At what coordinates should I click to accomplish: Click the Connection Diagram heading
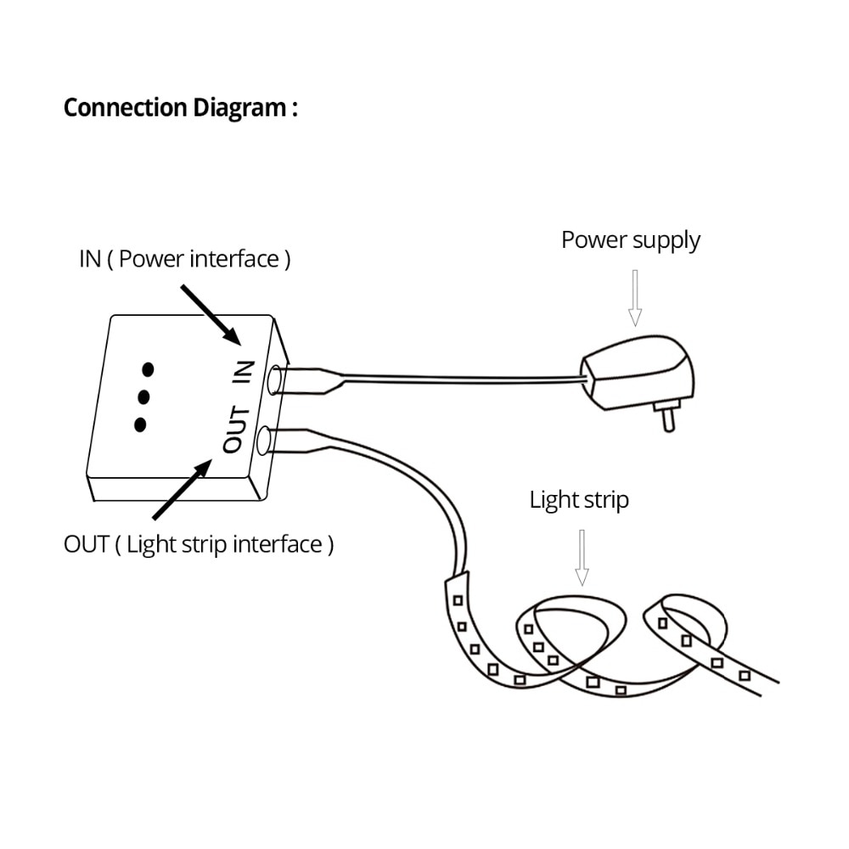point(180,109)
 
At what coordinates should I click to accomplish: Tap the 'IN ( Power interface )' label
point(184,259)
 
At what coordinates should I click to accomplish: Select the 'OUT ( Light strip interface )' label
point(199,544)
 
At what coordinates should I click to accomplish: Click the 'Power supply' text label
point(630,240)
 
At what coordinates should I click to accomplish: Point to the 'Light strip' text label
point(579,500)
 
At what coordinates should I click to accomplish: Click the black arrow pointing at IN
point(211,314)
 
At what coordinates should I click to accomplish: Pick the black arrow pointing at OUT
point(183,490)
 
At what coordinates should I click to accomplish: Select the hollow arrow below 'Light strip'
point(582,556)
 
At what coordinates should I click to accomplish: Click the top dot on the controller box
point(148,369)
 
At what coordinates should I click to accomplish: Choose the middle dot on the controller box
point(143,396)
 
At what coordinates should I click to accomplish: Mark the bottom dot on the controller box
point(140,424)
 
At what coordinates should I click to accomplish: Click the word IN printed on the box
point(245,373)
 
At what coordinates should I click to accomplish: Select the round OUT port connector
point(263,441)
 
